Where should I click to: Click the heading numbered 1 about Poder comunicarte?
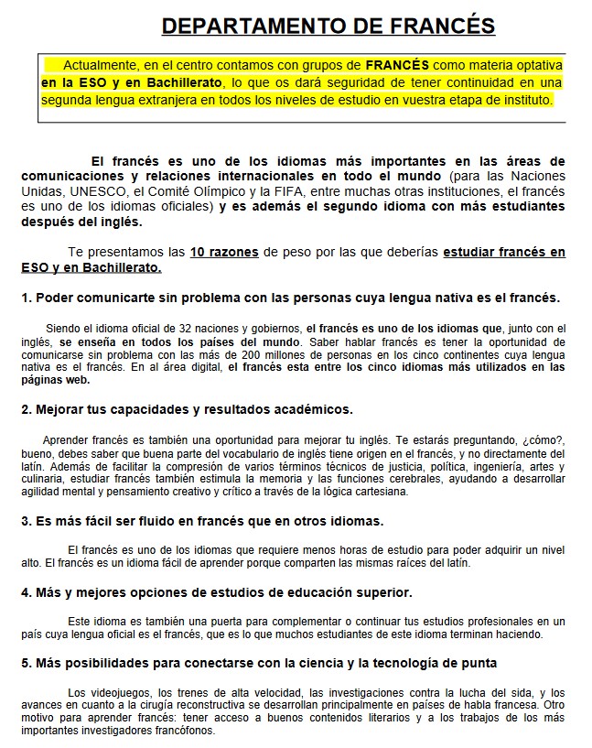290,298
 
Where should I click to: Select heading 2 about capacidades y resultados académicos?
187,409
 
